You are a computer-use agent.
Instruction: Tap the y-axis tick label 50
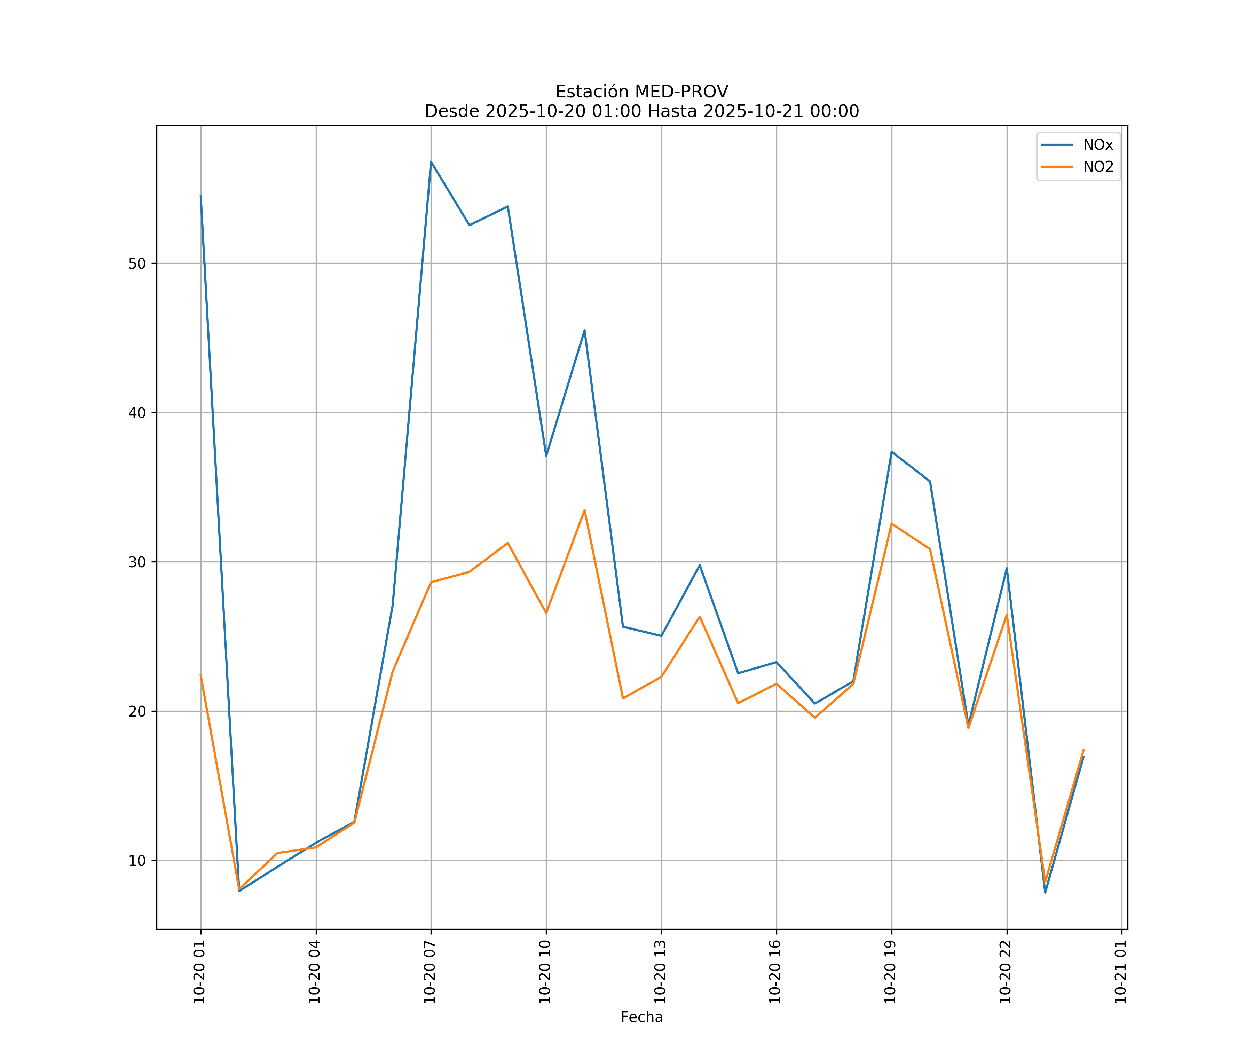click(x=137, y=264)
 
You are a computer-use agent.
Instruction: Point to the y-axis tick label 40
click(x=137, y=413)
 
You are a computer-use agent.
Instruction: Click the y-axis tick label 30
click(x=137, y=562)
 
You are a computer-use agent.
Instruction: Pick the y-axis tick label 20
click(x=137, y=711)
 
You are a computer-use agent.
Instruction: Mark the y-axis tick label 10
click(x=137, y=860)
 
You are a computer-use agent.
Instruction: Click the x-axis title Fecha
click(x=641, y=1017)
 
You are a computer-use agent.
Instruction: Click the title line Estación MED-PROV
click(x=641, y=92)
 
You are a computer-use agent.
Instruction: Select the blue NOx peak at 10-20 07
click(x=431, y=162)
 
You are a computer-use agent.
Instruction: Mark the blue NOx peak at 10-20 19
click(x=891, y=452)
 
